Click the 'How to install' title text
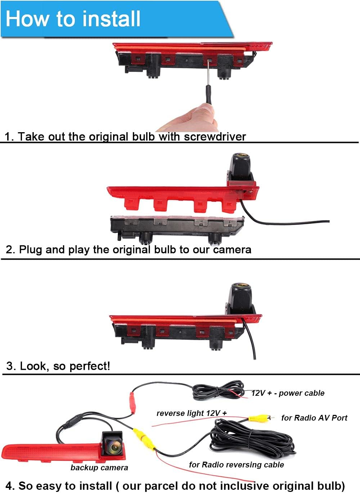point(73,19)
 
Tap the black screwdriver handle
point(208,95)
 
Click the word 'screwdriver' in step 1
point(215,137)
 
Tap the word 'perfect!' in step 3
point(90,366)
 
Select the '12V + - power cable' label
point(288,393)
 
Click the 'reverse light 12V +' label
point(192,413)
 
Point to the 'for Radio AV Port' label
point(314,418)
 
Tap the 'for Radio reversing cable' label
point(236,465)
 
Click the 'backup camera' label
point(99,468)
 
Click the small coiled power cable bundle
point(218,390)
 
